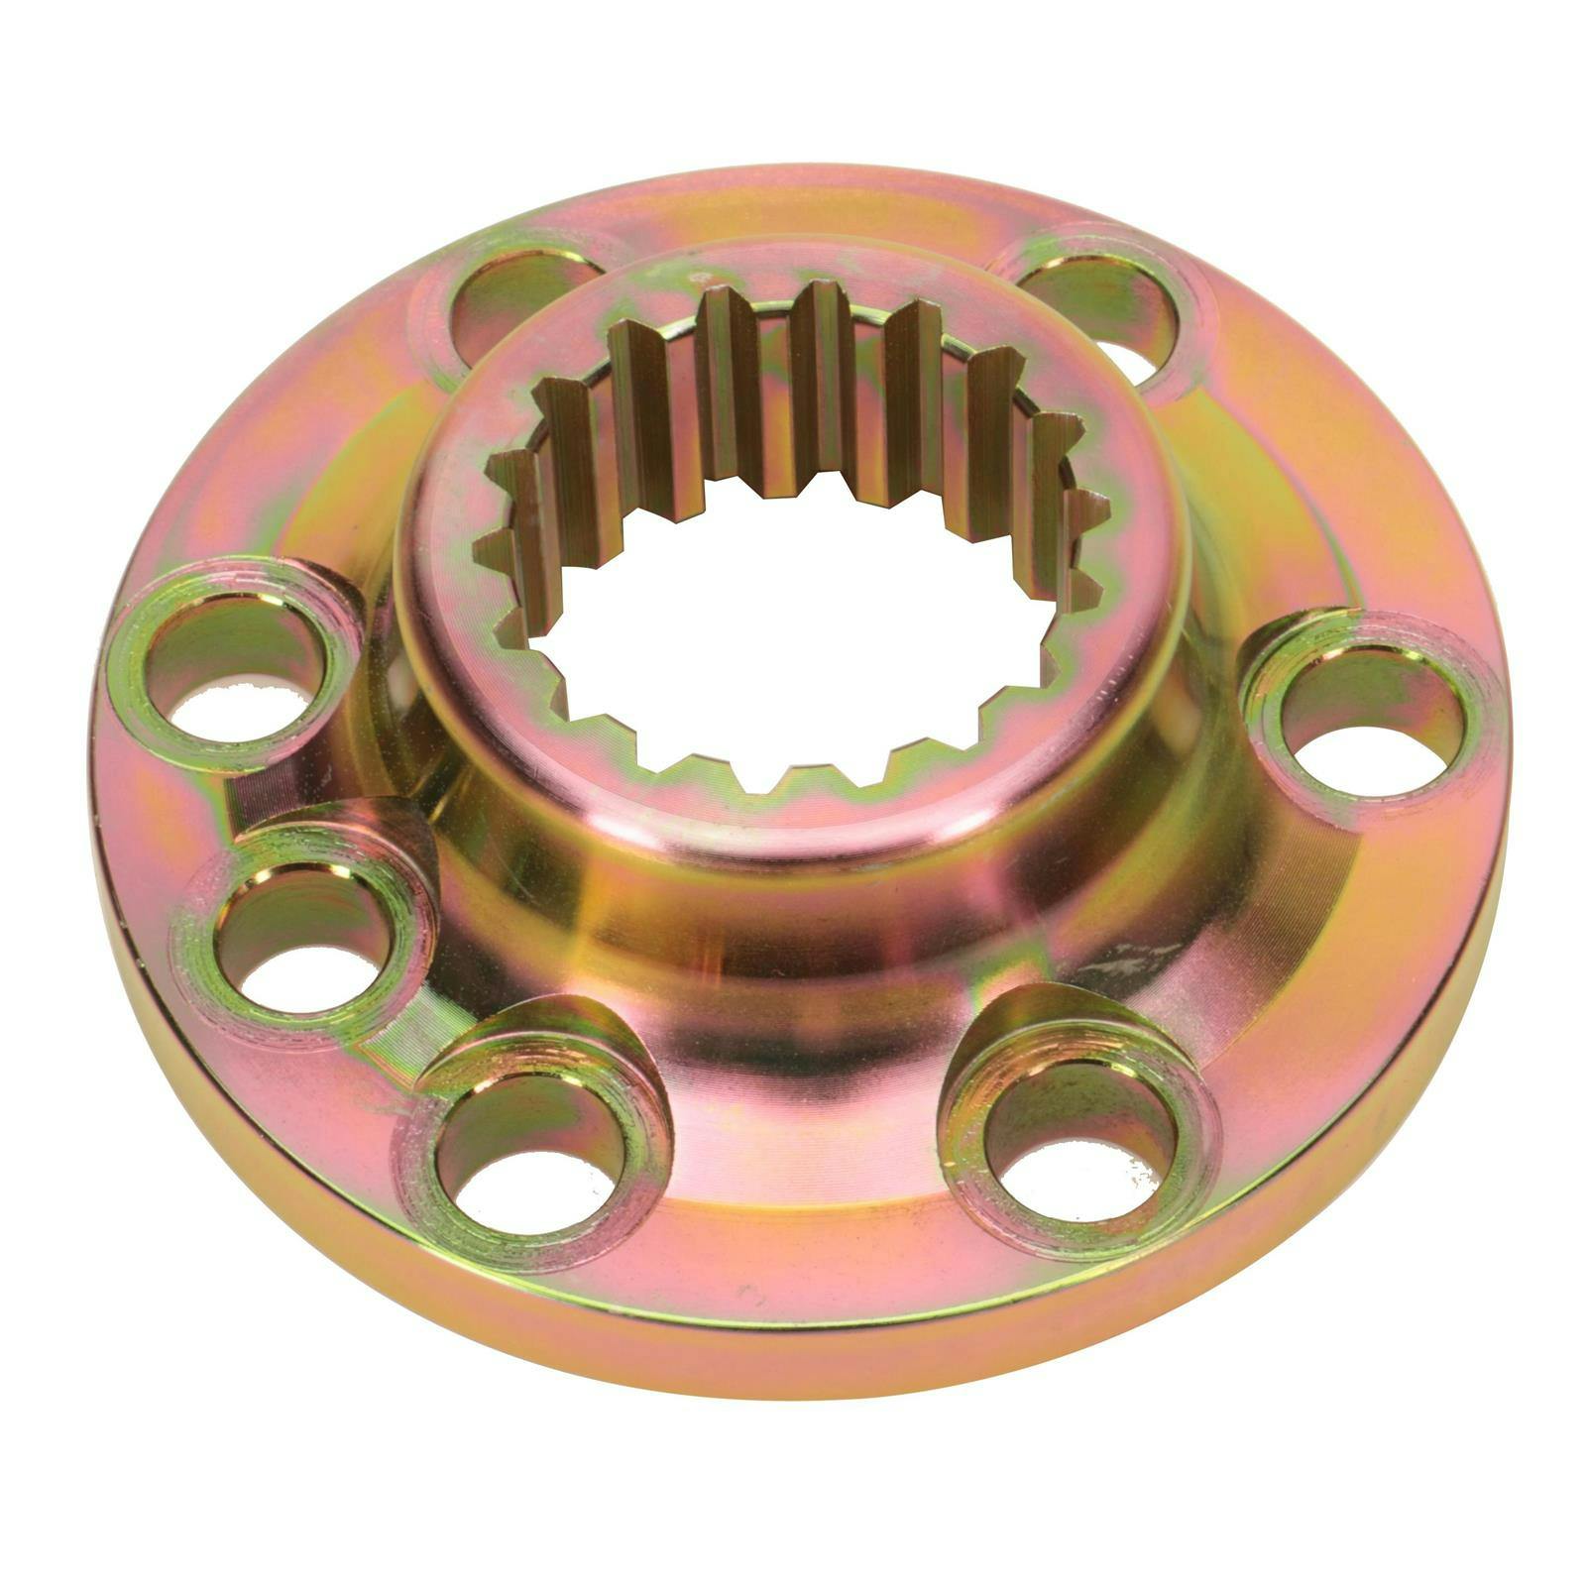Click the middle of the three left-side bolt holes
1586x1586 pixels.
(302, 927)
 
